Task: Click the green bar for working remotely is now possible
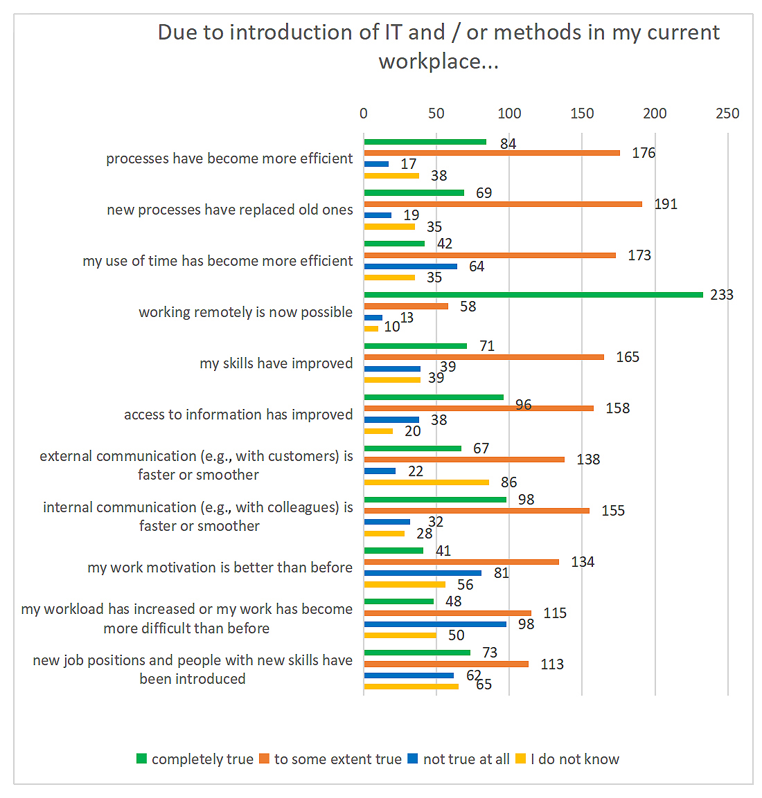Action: click(533, 295)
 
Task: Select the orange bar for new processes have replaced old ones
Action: click(503, 204)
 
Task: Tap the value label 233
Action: click(721, 295)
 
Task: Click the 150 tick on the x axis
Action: click(582, 114)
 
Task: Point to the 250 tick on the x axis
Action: click(727, 114)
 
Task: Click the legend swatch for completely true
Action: click(142, 759)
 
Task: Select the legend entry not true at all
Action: click(466, 759)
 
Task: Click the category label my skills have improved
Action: click(276, 363)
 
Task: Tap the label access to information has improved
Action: click(238, 415)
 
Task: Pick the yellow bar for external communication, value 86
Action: click(426, 482)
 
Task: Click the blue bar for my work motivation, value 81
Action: click(423, 573)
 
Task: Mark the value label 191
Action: click(666, 204)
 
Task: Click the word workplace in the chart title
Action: click(430, 62)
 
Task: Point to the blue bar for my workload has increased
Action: click(435, 624)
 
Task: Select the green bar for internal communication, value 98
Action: click(435, 500)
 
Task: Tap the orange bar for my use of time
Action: click(490, 255)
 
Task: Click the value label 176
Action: click(644, 153)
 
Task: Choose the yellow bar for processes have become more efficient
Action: click(391, 176)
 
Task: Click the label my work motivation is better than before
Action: click(220, 568)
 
